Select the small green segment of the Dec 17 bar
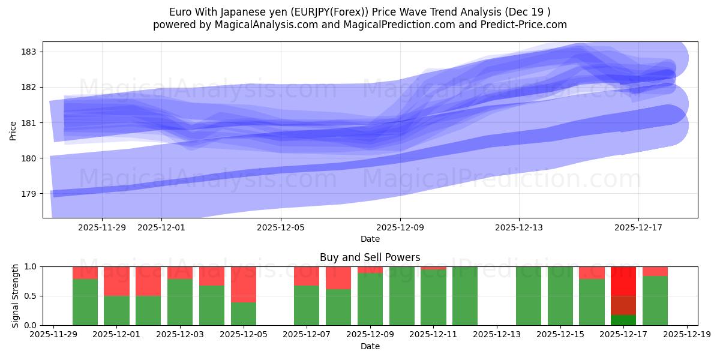623,320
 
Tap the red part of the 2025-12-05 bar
244,284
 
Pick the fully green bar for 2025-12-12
465,296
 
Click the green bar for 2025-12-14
529,296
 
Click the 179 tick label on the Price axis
28,194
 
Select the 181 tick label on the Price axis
28,123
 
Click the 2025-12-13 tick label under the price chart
519,227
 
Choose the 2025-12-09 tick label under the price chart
400,227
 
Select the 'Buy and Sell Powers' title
370,257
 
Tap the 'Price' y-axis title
13,130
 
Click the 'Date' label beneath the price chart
370,239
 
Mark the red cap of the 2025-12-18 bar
655,271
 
